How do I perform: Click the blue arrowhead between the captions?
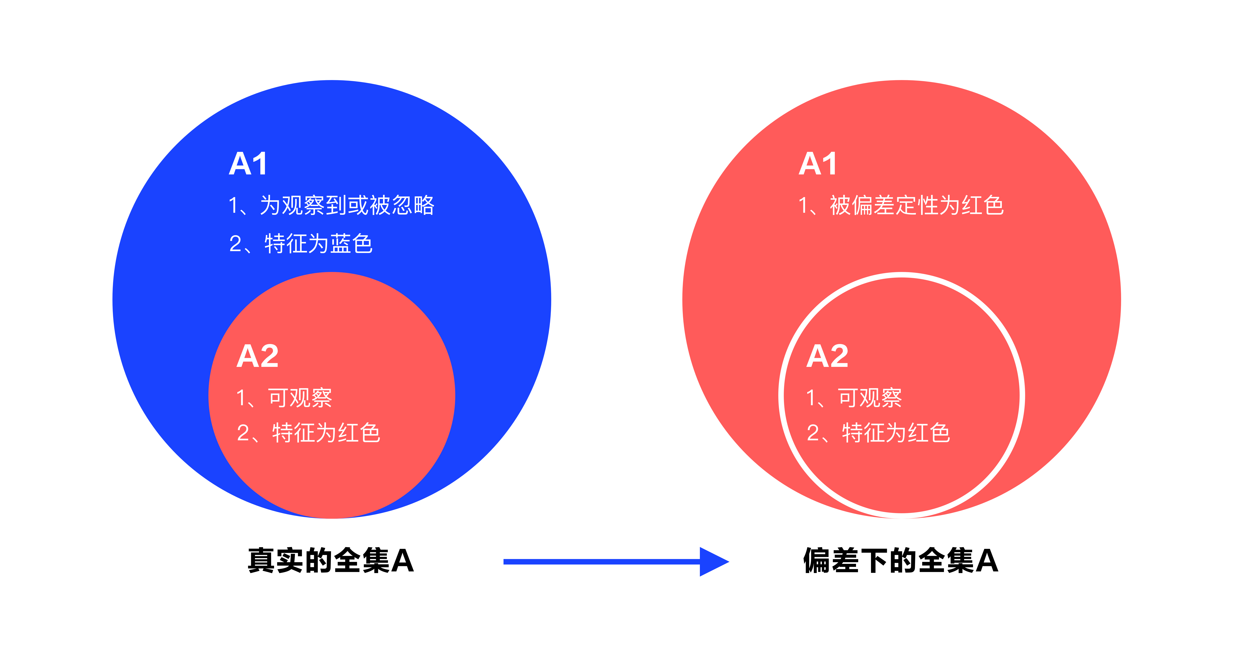click(713, 561)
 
